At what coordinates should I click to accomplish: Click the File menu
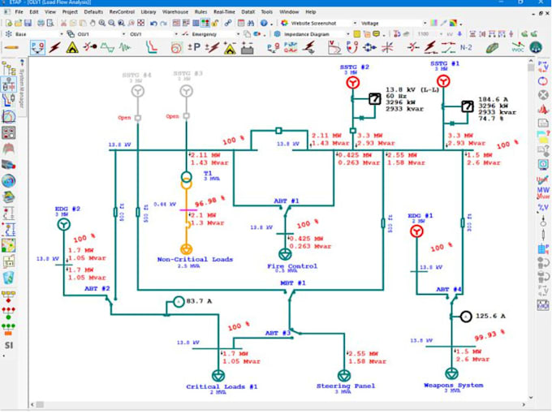(x=19, y=12)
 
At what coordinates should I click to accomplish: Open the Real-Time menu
(x=224, y=12)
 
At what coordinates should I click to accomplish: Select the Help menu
(x=310, y=12)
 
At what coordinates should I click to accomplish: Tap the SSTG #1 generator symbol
(x=443, y=81)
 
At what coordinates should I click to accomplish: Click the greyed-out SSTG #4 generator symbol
(x=137, y=91)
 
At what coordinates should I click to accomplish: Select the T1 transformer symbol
(x=186, y=179)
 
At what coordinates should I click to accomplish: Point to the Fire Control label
(x=291, y=265)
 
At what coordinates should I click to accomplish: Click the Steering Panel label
(x=345, y=386)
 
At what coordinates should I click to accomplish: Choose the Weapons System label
(x=453, y=386)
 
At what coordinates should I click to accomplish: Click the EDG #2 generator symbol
(x=66, y=228)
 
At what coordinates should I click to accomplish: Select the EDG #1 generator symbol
(x=416, y=232)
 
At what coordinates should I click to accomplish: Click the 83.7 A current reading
(x=199, y=302)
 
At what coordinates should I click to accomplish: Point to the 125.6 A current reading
(x=491, y=316)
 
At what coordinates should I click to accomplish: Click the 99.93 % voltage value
(x=490, y=334)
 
